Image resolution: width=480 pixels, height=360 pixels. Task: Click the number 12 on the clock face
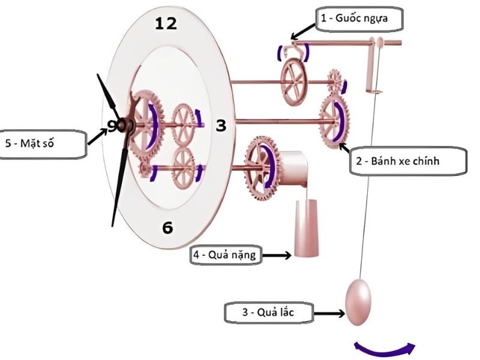[x=166, y=24]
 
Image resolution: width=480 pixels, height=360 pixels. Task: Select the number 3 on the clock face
[x=221, y=125]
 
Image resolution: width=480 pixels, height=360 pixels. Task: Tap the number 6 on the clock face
[x=167, y=227]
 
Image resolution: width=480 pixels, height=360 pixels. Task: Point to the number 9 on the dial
[x=112, y=125]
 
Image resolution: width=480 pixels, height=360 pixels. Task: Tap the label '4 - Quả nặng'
[x=224, y=255]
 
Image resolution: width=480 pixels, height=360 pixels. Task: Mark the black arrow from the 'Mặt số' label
[x=96, y=137]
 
